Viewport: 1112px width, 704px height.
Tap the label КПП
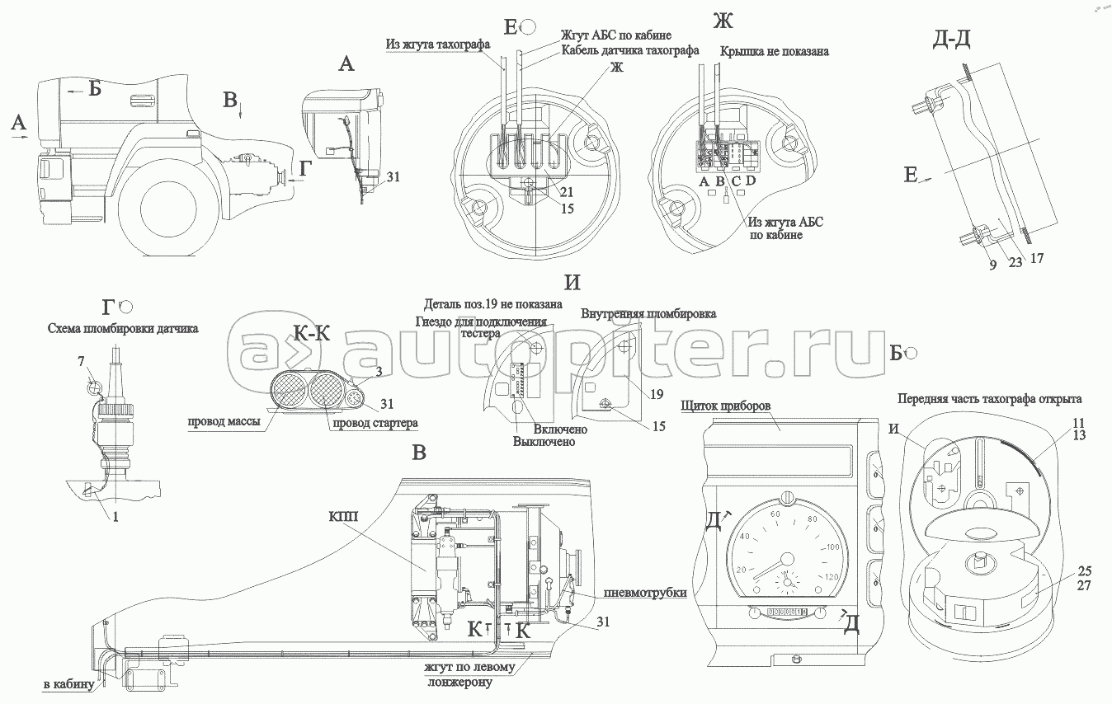[x=343, y=517]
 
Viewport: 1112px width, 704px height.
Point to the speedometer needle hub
[x=786, y=559]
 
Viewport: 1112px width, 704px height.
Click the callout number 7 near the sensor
[x=82, y=362]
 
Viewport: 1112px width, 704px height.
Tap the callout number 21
[x=567, y=192]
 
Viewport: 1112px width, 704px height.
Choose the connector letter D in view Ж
[x=751, y=180]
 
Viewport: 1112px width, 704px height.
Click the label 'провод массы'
[x=224, y=422]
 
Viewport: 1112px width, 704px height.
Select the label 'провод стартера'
[x=375, y=423]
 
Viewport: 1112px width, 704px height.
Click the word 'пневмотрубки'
[x=645, y=593]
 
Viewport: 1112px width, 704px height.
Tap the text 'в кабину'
[x=68, y=685]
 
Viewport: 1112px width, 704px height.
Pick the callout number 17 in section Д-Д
[x=1037, y=258]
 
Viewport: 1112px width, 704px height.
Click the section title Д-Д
[x=951, y=40]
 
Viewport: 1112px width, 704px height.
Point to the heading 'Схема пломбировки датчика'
[x=123, y=328]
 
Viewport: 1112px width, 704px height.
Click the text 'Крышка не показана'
[x=775, y=52]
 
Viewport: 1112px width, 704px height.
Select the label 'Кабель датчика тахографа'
[x=630, y=50]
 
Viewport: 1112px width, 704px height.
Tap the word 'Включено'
[x=560, y=429]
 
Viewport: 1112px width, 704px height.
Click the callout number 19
[x=657, y=394]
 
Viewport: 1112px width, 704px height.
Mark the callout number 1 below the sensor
[x=115, y=517]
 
